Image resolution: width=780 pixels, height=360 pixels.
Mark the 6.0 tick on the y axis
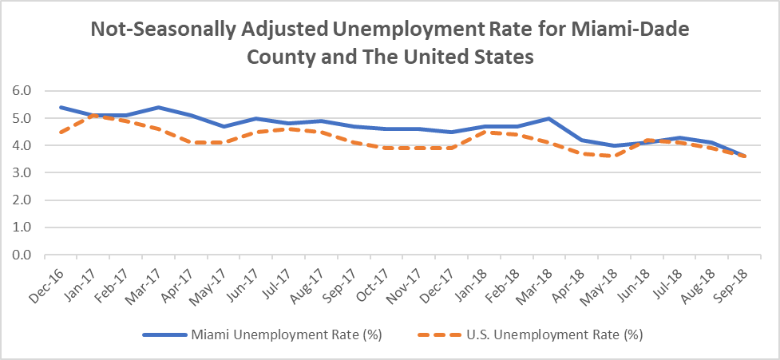click(22, 91)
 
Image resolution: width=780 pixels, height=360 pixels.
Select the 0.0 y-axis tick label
click(22, 255)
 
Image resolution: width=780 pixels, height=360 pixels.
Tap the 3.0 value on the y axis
click(22, 173)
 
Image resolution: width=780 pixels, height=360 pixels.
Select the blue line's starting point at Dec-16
click(61, 107)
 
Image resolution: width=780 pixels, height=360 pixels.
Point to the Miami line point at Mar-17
click(159, 107)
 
